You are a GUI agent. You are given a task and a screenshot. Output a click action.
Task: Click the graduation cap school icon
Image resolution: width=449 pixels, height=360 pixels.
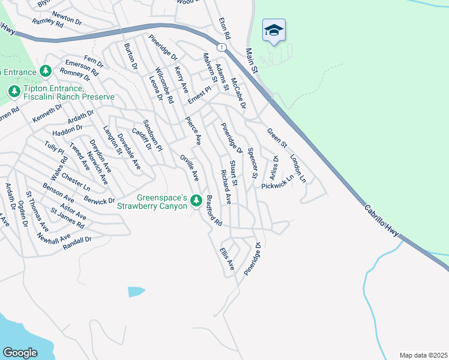pos(274,31)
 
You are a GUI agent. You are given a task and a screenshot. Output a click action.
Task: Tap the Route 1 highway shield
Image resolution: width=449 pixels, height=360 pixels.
pos(223,47)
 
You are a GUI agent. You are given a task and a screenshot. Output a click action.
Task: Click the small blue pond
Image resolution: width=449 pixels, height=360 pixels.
pos(136,292)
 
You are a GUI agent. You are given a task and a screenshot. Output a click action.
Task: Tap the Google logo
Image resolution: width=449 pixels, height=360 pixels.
pos(20,353)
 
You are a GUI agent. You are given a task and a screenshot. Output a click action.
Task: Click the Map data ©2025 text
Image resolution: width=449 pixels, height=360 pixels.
pos(423,355)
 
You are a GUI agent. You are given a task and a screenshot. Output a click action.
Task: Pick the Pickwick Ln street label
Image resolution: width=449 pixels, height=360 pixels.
pos(277,182)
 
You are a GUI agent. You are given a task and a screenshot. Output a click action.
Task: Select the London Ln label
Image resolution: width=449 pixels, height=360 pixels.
pos(298,169)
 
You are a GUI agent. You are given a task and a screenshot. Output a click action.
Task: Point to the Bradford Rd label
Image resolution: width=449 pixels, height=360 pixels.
pos(214,211)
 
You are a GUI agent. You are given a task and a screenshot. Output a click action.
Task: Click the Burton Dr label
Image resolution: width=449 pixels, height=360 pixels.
pos(130,56)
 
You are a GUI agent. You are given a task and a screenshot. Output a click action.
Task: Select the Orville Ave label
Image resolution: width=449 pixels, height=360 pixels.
pos(190,168)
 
